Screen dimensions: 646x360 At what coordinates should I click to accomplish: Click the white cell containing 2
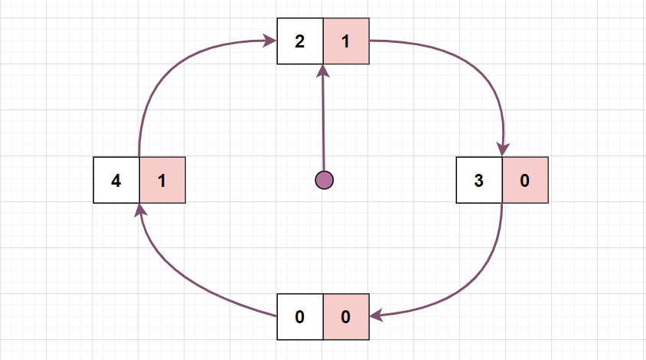[300, 41]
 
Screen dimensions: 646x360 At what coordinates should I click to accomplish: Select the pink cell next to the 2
[346, 41]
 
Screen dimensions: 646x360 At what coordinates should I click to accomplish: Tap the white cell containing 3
[479, 181]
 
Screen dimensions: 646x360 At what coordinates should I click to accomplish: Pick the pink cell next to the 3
[525, 181]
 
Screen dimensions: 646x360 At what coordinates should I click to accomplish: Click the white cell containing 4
[116, 181]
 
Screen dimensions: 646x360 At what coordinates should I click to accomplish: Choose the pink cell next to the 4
[162, 181]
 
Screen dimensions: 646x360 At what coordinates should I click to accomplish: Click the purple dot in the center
[325, 180]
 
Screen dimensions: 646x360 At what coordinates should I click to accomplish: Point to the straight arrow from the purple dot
[324, 123]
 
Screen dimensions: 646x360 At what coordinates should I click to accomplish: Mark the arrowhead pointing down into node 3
[503, 149]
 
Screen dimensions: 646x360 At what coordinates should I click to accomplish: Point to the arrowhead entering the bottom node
[377, 314]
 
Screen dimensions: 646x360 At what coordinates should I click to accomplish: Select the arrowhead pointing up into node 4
[140, 211]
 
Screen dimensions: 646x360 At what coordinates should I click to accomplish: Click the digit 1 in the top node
[346, 41]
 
